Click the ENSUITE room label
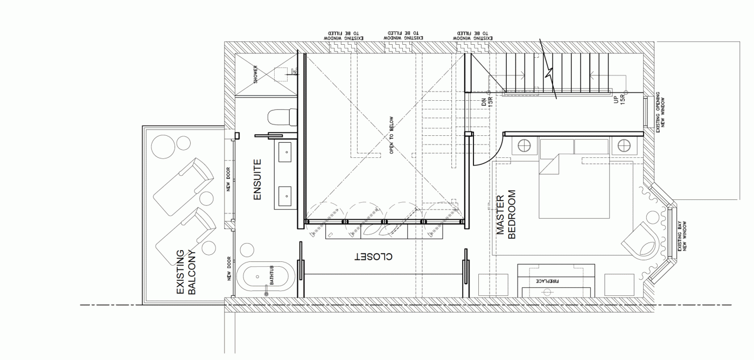257,180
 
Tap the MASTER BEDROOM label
506,214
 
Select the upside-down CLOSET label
374,257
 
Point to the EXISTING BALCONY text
186,272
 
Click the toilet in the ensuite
282,117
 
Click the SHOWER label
255,74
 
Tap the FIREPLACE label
547,281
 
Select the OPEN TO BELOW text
391,135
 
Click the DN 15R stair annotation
487,102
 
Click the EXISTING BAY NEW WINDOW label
682,236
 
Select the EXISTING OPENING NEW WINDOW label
660,112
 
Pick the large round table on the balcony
163,147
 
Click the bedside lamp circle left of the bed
524,146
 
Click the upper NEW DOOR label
228,179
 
